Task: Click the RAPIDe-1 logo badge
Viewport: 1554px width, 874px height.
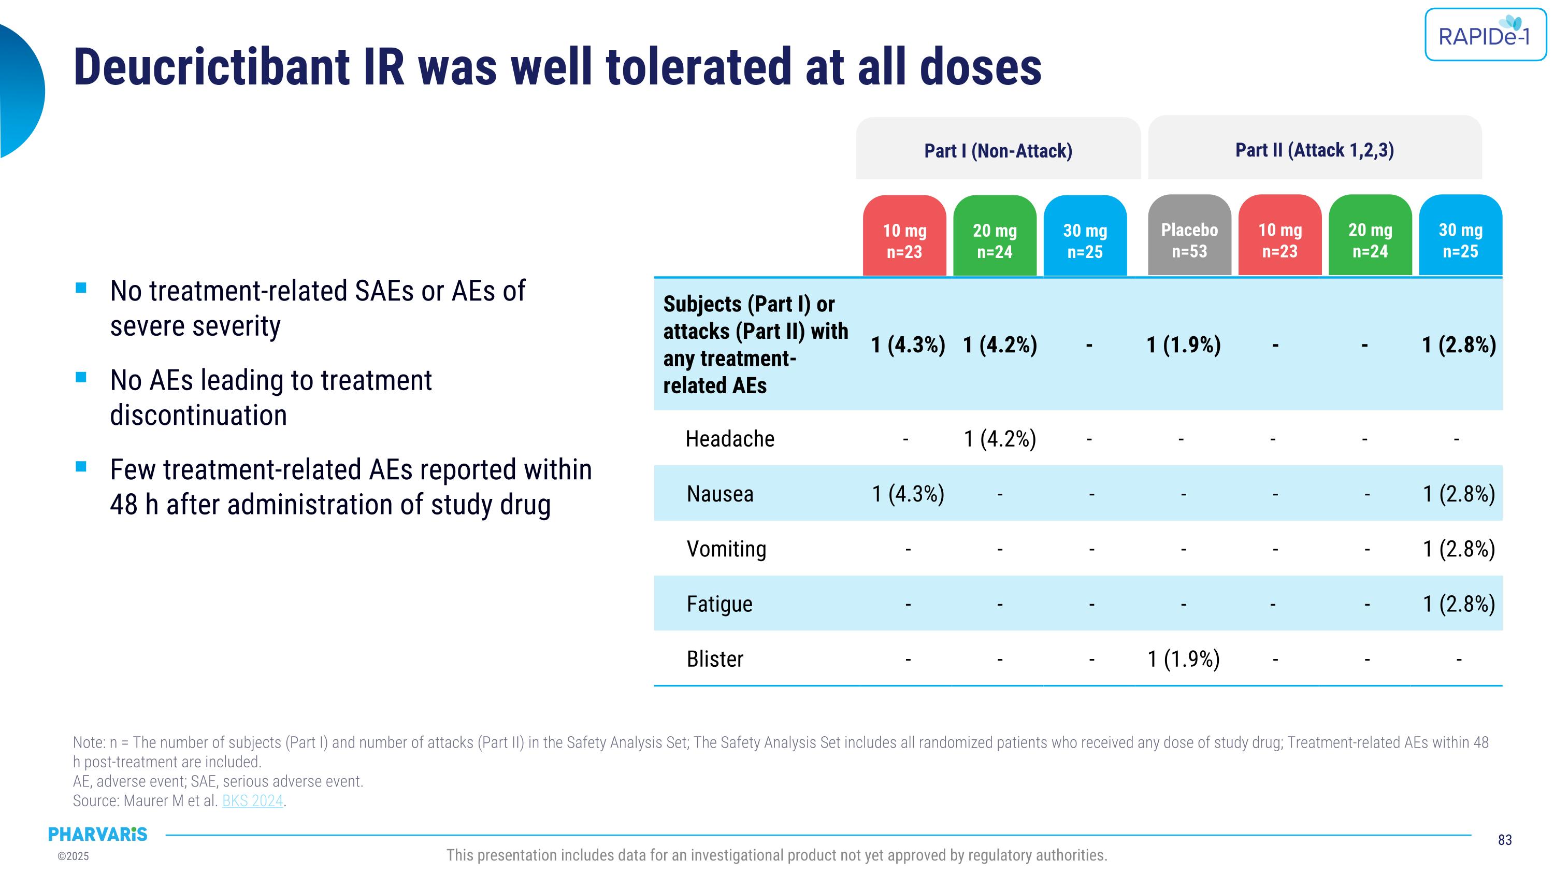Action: [1485, 34]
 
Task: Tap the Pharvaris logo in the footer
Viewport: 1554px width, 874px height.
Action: [98, 834]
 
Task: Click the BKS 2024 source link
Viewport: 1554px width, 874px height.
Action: [252, 800]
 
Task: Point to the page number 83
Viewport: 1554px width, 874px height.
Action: [1505, 840]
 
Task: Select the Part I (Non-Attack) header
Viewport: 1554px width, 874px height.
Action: [998, 150]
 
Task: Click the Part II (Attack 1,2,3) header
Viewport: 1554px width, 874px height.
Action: [1315, 150]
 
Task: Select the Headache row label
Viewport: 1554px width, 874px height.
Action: [729, 438]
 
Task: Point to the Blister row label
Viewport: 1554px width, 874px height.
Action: [714, 658]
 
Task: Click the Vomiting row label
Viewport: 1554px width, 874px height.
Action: [726, 549]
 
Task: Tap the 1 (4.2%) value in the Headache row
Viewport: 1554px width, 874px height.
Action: [1000, 438]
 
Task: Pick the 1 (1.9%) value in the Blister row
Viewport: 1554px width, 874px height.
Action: [1183, 658]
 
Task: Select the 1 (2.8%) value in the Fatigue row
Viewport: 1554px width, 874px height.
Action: [1459, 604]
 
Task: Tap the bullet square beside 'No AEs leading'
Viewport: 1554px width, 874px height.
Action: [81, 378]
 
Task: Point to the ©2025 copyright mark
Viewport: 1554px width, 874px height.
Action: [73, 856]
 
